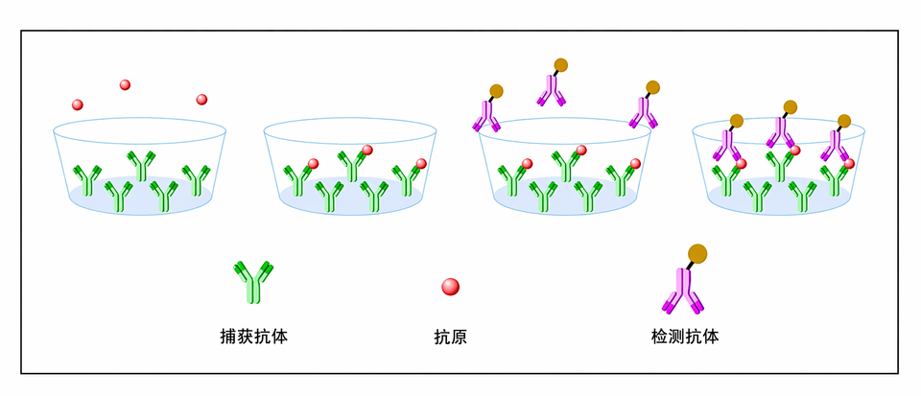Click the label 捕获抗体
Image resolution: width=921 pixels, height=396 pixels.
(x=253, y=337)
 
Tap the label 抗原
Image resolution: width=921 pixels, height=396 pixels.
(x=451, y=337)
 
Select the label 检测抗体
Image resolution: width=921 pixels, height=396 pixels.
(x=685, y=337)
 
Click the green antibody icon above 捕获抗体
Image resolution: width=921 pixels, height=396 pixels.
(x=253, y=282)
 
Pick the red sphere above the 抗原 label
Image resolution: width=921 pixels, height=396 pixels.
(x=451, y=287)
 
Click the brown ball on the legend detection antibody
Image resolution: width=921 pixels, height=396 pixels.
(x=697, y=254)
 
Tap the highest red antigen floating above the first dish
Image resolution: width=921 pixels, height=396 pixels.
(x=125, y=84)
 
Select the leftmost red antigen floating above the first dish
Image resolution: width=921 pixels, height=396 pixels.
(x=78, y=105)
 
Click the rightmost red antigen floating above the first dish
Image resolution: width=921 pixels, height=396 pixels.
(x=201, y=99)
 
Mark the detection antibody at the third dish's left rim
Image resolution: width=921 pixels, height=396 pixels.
(x=487, y=108)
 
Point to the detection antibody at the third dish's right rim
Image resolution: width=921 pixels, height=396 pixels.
(x=645, y=105)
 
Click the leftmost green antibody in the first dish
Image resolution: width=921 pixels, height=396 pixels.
(x=87, y=180)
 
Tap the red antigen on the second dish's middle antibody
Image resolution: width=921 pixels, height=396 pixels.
(x=367, y=151)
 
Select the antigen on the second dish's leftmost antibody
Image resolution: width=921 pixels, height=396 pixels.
(x=314, y=164)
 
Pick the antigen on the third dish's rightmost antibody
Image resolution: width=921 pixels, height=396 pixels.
(x=635, y=163)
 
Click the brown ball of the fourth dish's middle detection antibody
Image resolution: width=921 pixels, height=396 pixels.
(x=790, y=106)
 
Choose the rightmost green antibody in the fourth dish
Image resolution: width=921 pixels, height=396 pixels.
(x=835, y=180)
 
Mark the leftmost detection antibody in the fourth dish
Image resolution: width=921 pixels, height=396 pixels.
(x=728, y=138)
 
